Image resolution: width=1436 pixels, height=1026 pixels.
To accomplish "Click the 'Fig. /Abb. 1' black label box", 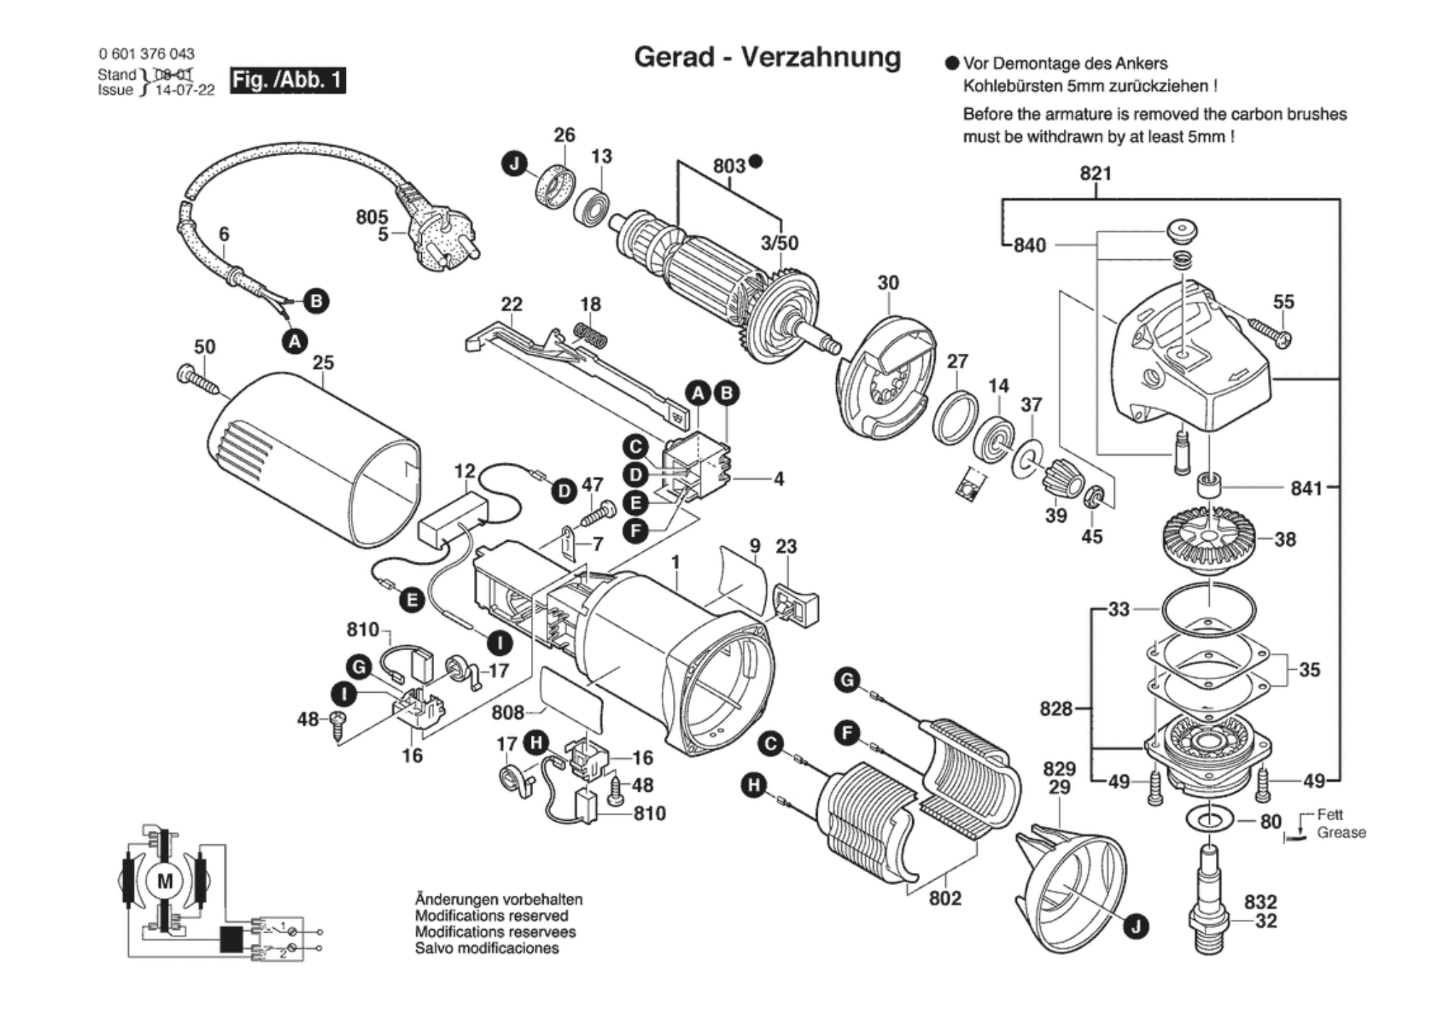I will pyautogui.click(x=287, y=80).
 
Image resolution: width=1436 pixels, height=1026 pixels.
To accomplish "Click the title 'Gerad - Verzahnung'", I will pyautogui.click(x=767, y=57).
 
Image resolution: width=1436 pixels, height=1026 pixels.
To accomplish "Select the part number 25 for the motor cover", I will pyautogui.click(x=323, y=362).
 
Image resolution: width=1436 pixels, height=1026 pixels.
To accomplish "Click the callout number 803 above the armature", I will pyautogui.click(x=729, y=166).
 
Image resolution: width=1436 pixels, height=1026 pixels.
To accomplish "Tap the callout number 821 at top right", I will pyautogui.click(x=1095, y=173).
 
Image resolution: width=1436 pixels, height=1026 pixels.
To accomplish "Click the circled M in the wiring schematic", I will pyautogui.click(x=164, y=881).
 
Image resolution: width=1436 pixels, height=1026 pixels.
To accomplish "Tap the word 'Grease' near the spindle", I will pyautogui.click(x=1341, y=832).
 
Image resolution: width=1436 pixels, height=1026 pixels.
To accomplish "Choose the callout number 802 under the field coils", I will pyautogui.click(x=945, y=899).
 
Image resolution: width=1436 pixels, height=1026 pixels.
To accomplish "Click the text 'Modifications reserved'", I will pyautogui.click(x=491, y=916).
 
